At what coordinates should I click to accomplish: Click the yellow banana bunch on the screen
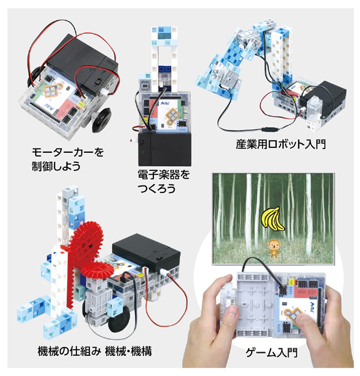pyautogui.click(x=270, y=219)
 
